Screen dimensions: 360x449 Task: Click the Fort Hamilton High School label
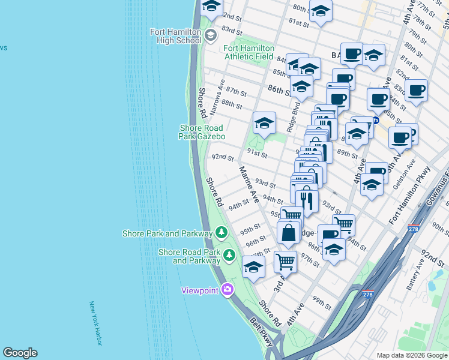[176, 36]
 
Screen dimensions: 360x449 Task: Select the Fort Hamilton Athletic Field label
[249, 52]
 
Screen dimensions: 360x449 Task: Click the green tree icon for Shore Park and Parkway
[221, 232]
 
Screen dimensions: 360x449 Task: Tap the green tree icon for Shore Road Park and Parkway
[229, 256]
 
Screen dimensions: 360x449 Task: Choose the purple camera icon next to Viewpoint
[227, 290]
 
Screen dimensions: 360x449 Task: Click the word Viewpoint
[200, 291]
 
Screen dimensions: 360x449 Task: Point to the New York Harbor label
[95, 323]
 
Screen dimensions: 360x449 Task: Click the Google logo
[20, 353]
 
